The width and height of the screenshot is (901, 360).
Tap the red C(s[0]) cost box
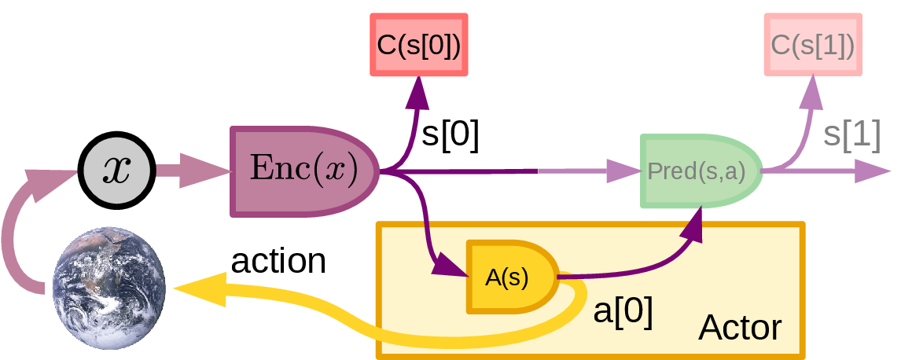(419, 44)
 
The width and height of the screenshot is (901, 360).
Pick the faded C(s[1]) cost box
(813, 44)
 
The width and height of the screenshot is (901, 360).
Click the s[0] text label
(450, 135)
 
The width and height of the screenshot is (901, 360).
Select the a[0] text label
(623, 312)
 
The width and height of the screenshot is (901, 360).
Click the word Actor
(740, 328)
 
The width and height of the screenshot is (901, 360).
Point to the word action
(278, 261)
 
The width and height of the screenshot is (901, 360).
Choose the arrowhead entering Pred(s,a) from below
(693, 226)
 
